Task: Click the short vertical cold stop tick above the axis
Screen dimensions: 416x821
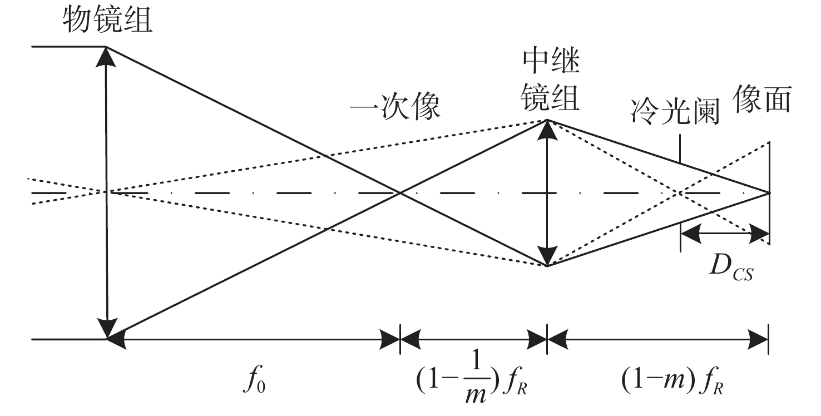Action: [680, 147]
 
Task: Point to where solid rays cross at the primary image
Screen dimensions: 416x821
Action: [399, 193]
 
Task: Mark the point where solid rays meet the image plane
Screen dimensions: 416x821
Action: [769, 193]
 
